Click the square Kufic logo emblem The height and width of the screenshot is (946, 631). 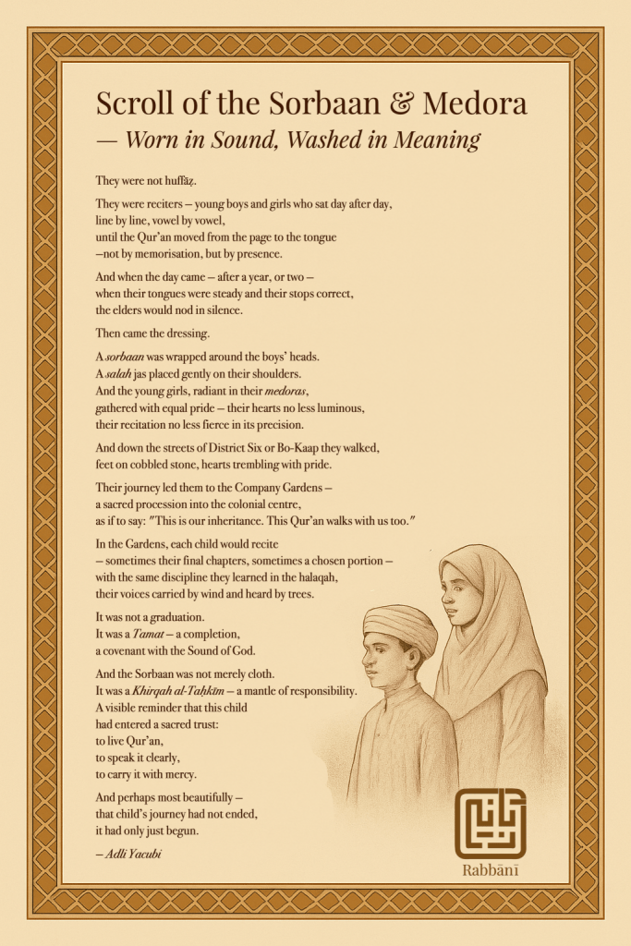pyautogui.click(x=490, y=823)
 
